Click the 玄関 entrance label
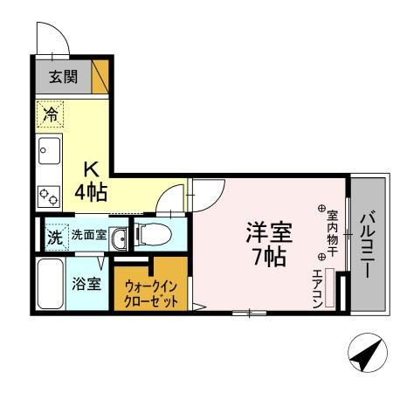click(x=62, y=77)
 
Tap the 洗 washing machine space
click(x=54, y=235)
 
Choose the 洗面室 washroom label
click(x=88, y=234)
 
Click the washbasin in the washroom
click(x=121, y=238)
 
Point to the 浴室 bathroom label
click(x=86, y=284)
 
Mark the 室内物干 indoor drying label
click(x=332, y=232)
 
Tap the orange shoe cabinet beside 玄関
click(x=101, y=75)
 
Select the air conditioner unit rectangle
click(x=330, y=287)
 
